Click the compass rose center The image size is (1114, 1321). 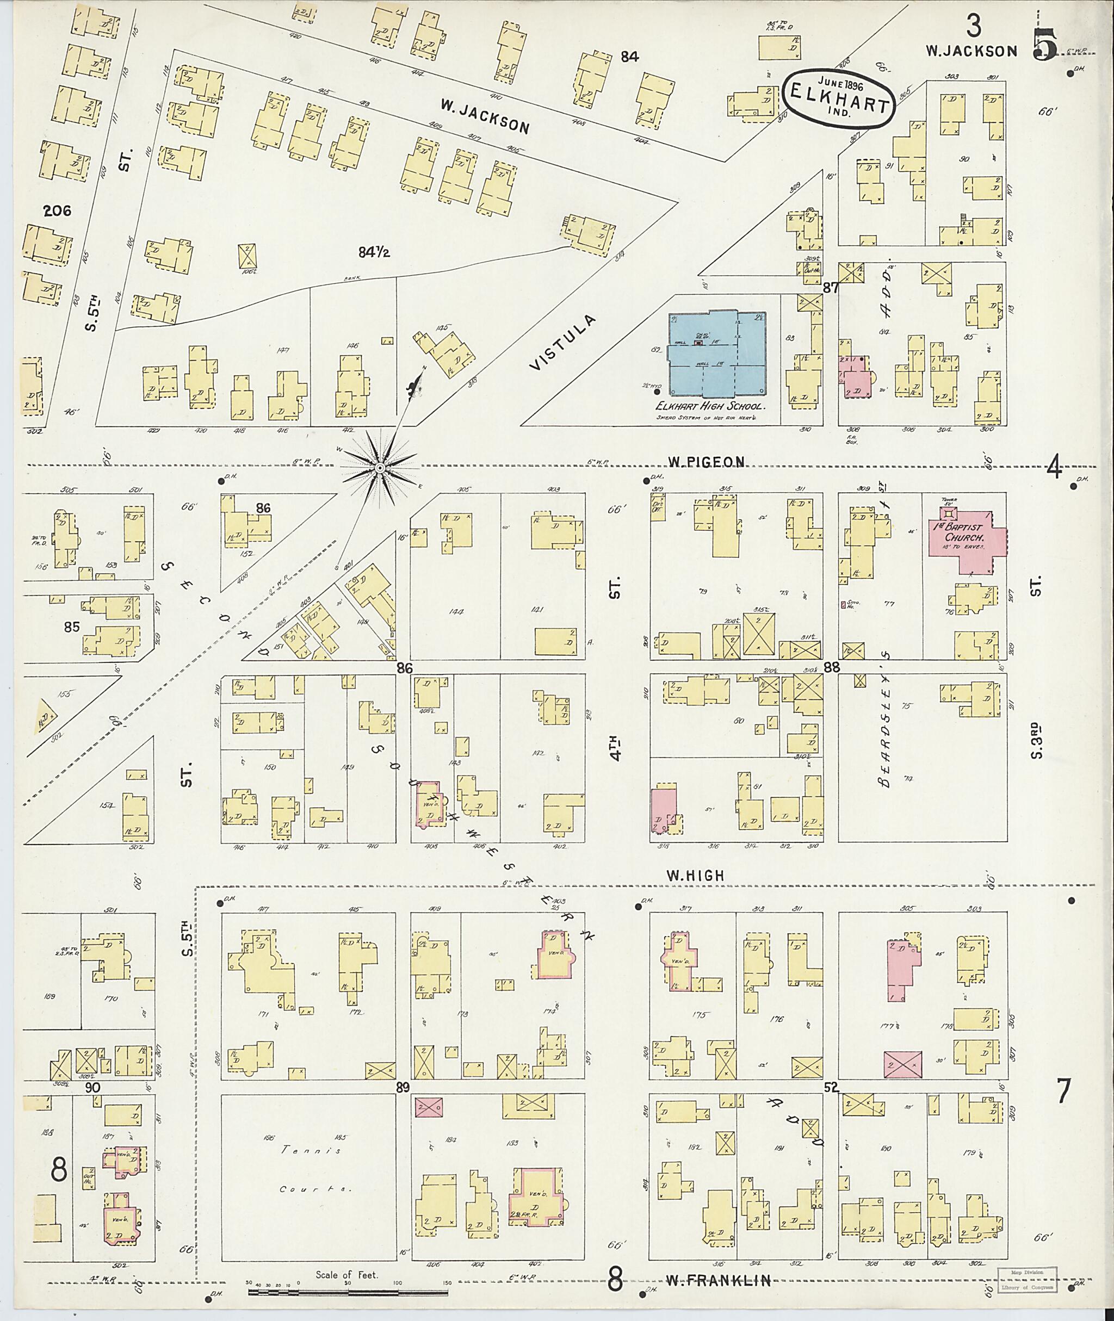click(x=380, y=468)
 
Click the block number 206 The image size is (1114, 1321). click(x=57, y=211)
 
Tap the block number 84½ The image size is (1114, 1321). click(x=374, y=252)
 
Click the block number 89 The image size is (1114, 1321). click(x=403, y=1087)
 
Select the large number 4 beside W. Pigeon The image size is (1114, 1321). click(x=1053, y=468)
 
